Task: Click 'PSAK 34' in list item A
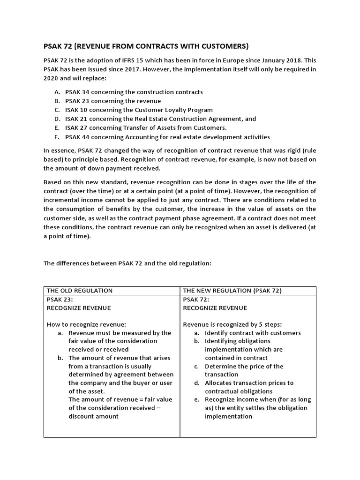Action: click(x=77, y=92)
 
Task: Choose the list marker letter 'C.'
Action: click(x=57, y=110)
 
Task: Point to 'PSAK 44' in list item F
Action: click(x=77, y=137)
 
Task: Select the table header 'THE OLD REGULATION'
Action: click(x=80, y=291)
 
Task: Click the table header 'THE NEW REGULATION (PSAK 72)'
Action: click(x=232, y=291)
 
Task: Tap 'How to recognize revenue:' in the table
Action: click(x=87, y=324)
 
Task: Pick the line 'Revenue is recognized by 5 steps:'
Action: click(x=232, y=324)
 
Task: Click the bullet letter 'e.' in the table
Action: click(x=197, y=400)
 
